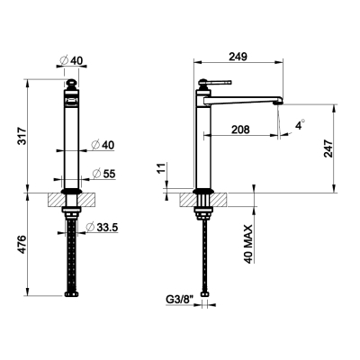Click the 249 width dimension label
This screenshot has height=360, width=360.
click(x=238, y=57)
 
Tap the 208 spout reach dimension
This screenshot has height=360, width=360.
click(x=240, y=130)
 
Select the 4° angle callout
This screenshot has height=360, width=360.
click(x=300, y=125)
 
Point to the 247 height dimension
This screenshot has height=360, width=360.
click(x=328, y=148)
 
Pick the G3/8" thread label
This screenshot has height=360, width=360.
click(x=180, y=299)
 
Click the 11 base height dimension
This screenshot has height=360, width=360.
click(x=161, y=169)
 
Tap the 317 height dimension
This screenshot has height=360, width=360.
click(x=22, y=136)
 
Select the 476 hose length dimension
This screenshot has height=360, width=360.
click(x=22, y=245)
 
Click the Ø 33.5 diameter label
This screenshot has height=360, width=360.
click(x=102, y=227)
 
